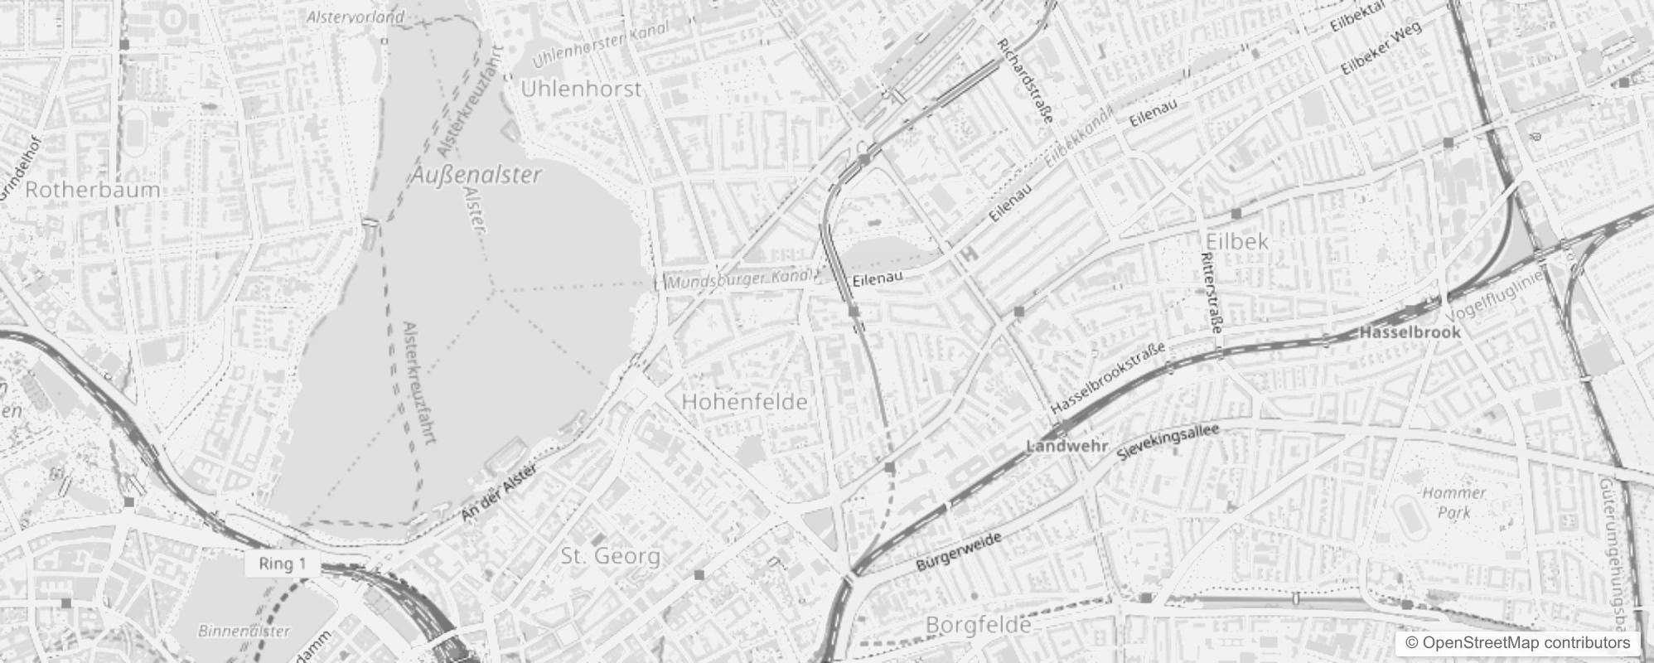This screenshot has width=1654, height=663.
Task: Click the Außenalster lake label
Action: (x=476, y=175)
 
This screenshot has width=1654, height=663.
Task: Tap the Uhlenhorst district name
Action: (x=581, y=89)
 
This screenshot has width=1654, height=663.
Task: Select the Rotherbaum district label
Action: (x=93, y=190)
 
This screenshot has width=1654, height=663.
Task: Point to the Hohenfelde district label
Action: (x=744, y=402)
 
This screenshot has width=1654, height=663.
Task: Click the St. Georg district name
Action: (x=611, y=555)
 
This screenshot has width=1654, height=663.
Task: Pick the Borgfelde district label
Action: (x=979, y=624)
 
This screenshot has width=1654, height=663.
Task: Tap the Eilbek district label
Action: (x=1237, y=241)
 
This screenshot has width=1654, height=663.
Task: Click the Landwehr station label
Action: (x=1066, y=447)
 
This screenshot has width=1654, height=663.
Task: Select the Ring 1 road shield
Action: (x=283, y=564)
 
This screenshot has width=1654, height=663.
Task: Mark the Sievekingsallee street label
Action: (x=1168, y=443)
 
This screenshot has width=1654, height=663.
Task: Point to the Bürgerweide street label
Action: (x=959, y=552)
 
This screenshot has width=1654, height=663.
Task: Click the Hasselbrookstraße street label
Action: (x=1108, y=379)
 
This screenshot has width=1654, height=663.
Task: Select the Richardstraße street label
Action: (x=1025, y=80)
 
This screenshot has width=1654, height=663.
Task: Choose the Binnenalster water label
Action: (x=244, y=631)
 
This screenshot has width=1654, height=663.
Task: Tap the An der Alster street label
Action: (x=500, y=494)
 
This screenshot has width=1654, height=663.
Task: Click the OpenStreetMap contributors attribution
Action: (x=1517, y=642)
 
